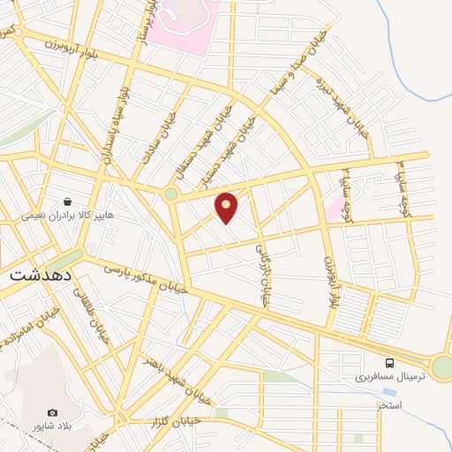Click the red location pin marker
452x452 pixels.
tap(227, 207)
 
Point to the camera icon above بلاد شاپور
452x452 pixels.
tap(52, 412)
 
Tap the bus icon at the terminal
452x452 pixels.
tap(389, 363)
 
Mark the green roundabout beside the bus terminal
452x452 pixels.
tap(441, 367)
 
